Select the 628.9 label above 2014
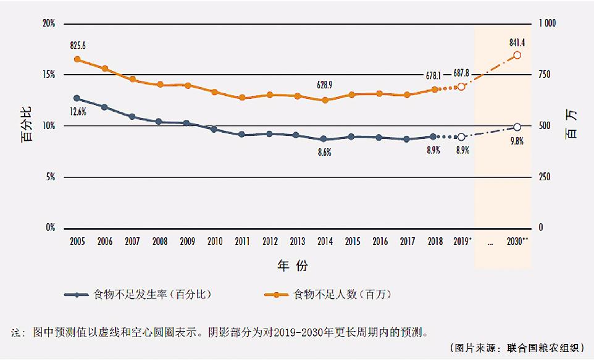pos(325,85)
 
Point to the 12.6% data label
pos(77,112)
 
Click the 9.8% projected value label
pos(516,141)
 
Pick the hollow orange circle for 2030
pos(517,55)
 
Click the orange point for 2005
pos(77,59)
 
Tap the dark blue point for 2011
pos(242,134)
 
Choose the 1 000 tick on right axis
pos(548,23)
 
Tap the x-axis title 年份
pos(292,266)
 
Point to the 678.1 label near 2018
pos(433,76)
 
